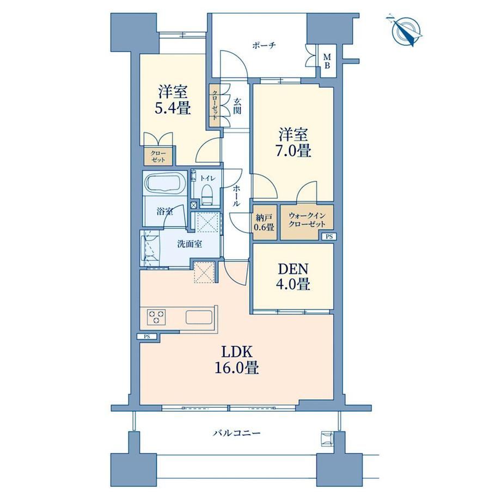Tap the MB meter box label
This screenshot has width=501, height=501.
point(327,62)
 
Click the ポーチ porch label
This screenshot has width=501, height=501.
point(264,45)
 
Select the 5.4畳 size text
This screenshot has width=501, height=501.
point(173,109)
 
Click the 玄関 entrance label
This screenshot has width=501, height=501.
point(237,106)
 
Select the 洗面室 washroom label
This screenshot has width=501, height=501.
point(190,244)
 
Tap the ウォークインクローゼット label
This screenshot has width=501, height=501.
point(307,219)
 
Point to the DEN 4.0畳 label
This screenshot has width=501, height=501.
point(294,277)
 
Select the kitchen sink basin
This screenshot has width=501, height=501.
point(199,317)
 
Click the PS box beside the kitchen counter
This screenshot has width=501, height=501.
point(147,336)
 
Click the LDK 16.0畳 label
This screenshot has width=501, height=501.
point(237,360)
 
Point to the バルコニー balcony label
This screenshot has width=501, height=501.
point(237,433)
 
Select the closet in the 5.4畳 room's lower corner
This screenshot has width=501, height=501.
point(158,156)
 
